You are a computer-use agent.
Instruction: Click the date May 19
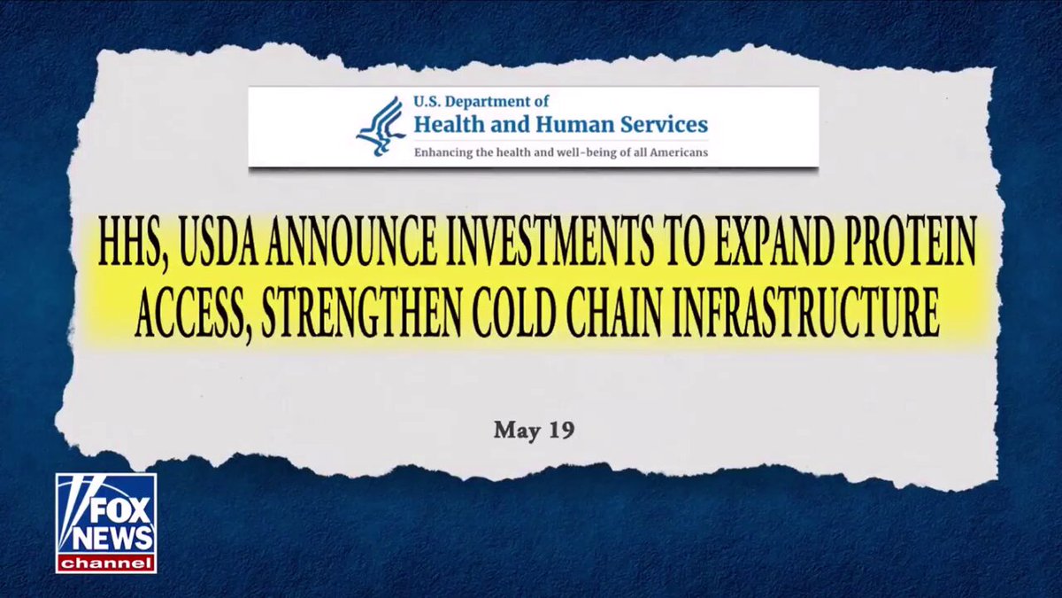(535, 430)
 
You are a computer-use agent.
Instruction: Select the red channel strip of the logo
(106, 563)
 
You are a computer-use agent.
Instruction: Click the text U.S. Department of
(481, 102)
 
